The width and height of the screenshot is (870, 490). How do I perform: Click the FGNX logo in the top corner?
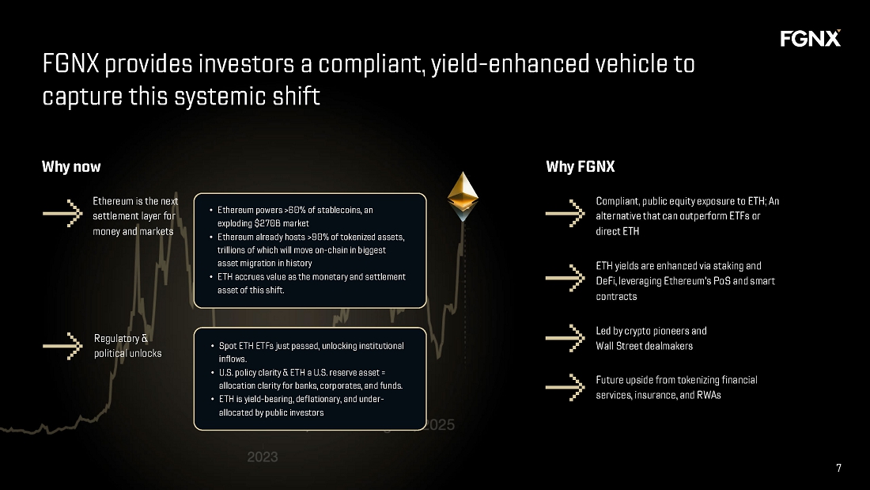click(x=810, y=38)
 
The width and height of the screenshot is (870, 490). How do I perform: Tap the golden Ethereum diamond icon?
click(x=463, y=195)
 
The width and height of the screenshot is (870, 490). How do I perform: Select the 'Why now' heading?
click(x=71, y=167)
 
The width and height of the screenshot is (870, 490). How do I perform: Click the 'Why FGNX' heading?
click(x=580, y=167)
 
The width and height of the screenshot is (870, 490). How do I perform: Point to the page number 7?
click(x=838, y=468)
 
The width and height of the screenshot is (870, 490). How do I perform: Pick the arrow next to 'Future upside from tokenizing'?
click(x=565, y=387)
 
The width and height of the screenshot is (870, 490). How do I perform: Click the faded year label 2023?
click(x=262, y=458)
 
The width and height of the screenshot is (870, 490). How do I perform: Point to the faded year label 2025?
click(x=440, y=424)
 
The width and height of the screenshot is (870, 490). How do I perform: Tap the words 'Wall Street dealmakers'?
click(x=644, y=345)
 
